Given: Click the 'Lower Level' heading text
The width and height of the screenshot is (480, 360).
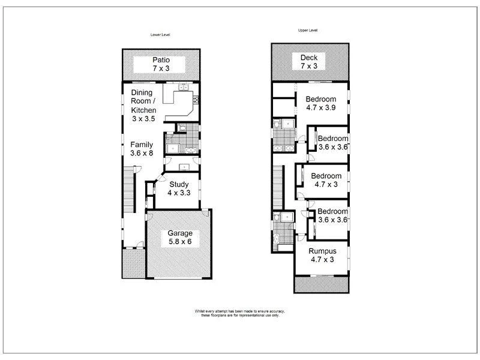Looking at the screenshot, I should click(160, 35).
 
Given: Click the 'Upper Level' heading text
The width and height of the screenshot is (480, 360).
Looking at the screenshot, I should click(308, 30).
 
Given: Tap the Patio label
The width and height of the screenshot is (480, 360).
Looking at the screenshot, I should click(160, 60).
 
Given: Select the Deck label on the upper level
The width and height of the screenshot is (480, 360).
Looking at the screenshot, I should click(309, 57).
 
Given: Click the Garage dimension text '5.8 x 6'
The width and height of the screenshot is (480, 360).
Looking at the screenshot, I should click(179, 242).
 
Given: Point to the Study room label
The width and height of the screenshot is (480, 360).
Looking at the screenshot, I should click(179, 184).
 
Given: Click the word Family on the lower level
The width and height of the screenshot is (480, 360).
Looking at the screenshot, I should click(143, 145).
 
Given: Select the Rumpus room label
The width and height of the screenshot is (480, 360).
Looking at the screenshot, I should click(322, 251).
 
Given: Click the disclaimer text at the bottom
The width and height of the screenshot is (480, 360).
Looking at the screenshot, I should click(239, 314).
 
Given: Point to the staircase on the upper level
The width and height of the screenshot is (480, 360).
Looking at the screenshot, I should click(277, 186).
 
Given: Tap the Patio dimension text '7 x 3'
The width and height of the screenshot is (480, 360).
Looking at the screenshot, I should click(160, 69).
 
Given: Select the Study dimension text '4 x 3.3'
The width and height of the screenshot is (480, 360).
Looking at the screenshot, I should click(179, 193).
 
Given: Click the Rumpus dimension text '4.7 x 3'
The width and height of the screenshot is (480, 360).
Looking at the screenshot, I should click(322, 260).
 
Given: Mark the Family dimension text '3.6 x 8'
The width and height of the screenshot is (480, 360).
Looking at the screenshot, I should click(143, 154).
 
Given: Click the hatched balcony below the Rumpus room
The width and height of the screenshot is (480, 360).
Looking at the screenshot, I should click(322, 284).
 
